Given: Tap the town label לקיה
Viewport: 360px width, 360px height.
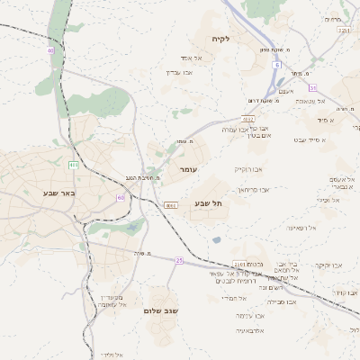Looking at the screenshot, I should click(222, 39).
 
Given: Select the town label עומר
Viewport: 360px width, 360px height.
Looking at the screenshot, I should click(188, 169).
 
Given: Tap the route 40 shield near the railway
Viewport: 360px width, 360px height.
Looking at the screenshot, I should click(51, 51).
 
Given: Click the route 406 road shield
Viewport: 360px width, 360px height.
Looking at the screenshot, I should click(73, 165).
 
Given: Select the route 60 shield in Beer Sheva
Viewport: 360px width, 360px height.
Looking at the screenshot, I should click(121, 197).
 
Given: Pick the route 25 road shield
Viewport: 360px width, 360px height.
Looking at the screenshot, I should click(179, 260).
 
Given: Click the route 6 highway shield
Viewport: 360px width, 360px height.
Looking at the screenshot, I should click(279, 65).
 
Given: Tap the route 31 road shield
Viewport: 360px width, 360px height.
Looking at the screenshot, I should click(312, 87).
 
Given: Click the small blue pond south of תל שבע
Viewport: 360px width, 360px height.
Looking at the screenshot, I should click(217, 239).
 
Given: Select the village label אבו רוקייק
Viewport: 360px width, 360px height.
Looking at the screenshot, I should click(248, 168).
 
